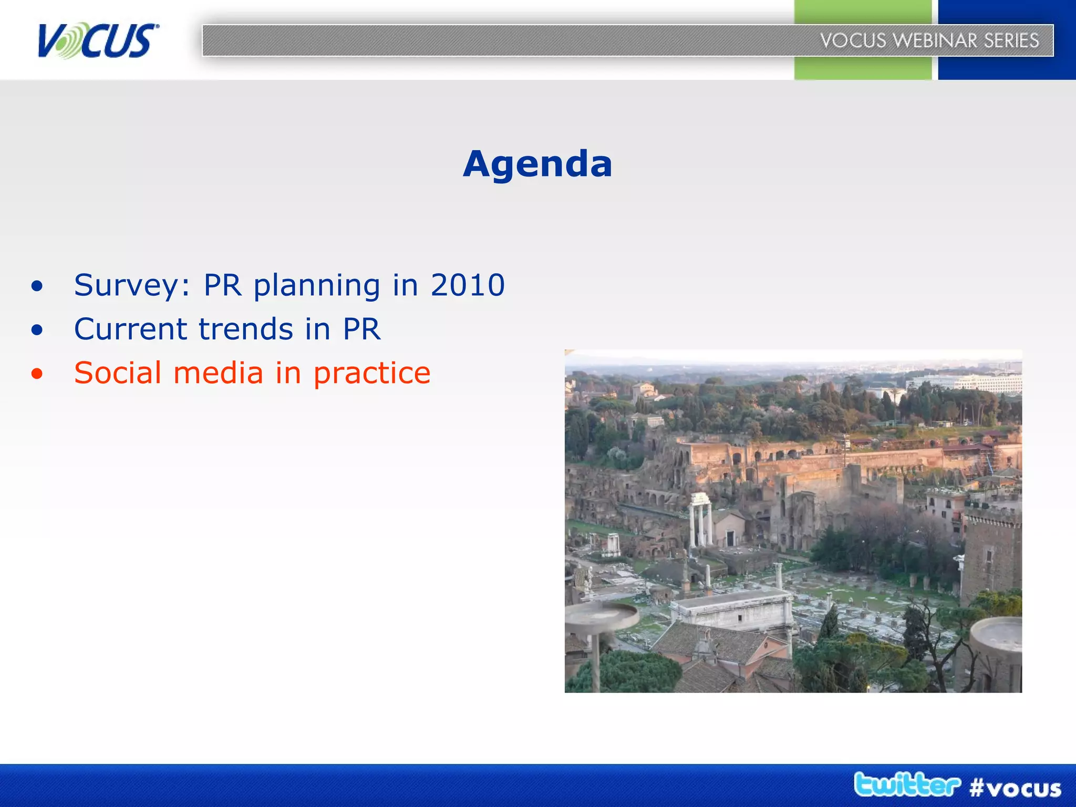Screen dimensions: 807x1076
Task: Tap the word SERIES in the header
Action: pos(1011,40)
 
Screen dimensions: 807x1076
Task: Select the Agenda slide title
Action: pos(537,164)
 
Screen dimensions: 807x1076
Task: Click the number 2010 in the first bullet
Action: pos(468,285)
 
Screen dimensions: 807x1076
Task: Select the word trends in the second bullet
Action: pos(245,329)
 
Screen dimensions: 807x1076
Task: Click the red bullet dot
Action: pos(37,374)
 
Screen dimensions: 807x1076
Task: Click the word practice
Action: pos(372,374)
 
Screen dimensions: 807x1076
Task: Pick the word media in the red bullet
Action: pos(218,373)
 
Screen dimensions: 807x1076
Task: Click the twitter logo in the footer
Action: pos(907,785)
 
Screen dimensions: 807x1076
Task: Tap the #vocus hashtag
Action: pos(1015,788)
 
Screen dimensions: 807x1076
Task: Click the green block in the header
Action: pos(862,68)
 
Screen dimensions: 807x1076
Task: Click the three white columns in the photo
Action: pos(701,520)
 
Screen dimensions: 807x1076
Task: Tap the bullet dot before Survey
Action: pos(37,286)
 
